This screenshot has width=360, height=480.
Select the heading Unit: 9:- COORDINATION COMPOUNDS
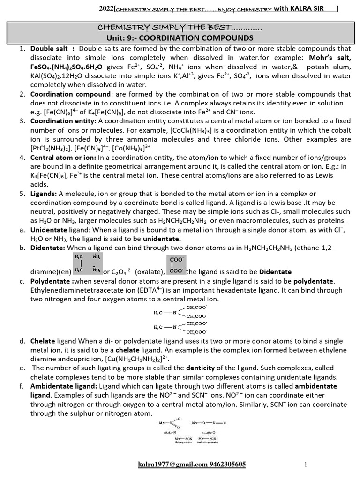[180, 37]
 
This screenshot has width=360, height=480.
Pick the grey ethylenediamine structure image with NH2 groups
[88, 263]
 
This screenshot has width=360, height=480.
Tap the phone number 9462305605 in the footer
[227, 464]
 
